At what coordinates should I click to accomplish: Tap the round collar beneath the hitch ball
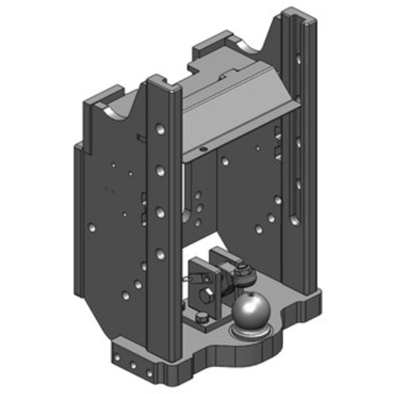pos(251,332)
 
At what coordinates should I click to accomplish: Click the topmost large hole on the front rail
pos(160,130)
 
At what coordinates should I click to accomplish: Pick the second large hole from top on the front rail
pos(160,170)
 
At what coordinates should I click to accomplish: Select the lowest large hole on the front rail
pos(160,254)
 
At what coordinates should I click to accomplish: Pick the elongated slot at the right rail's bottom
pos(295,217)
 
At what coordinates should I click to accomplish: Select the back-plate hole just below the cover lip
pos(225,161)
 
